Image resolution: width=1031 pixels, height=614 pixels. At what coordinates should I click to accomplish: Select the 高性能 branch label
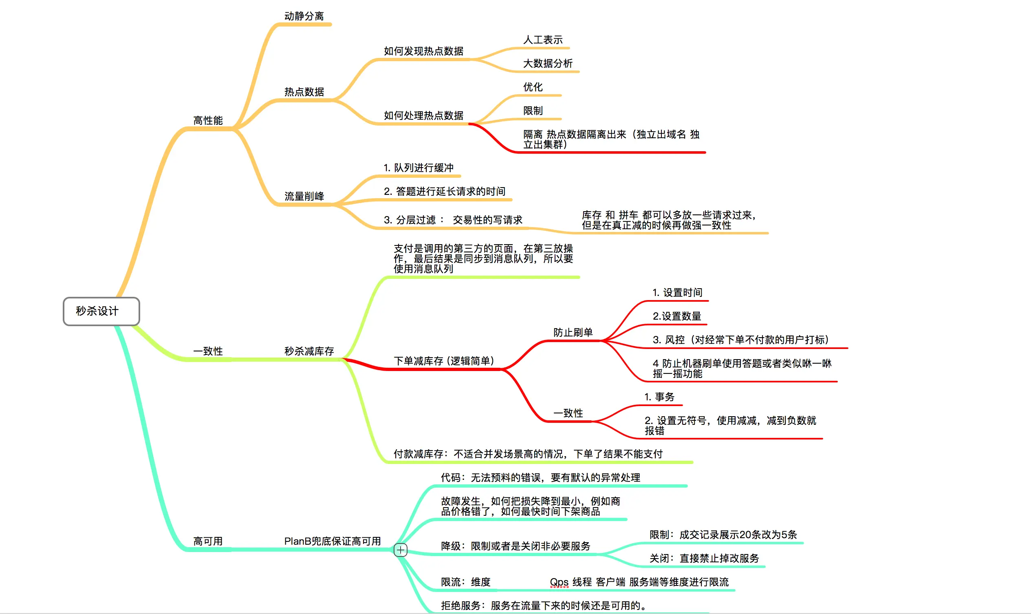click(207, 120)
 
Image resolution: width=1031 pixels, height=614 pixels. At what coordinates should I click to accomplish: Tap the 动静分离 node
click(304, 16)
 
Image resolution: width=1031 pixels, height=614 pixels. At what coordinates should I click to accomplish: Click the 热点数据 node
click(304, 92)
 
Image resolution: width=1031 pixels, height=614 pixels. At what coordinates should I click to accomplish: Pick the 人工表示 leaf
click(542, 40)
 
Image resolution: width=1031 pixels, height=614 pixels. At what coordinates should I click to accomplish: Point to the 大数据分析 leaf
click(548, 63)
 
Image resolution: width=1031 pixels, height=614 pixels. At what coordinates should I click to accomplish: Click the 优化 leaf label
click(533, 87)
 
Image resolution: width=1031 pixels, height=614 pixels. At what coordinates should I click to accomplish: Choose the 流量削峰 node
click(304, 196)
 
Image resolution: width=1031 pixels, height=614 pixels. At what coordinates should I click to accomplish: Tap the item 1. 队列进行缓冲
click(419, 168)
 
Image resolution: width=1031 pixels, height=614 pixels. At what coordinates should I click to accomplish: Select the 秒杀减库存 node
click(309, 351)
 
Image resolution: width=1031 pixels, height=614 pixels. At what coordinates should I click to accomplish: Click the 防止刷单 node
click(573, 332)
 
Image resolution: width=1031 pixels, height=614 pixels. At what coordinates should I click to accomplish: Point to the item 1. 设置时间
click(677, 292)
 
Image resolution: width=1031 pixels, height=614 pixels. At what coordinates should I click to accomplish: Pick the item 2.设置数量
click(676, 316)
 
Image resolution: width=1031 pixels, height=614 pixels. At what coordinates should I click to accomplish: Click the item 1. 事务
click(659, 397)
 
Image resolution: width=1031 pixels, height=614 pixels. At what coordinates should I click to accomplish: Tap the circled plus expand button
click(400, 550)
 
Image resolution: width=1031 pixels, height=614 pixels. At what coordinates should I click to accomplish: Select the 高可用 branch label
click(207, 541)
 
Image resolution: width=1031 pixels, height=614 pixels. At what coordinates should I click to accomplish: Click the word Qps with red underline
click(559, 582)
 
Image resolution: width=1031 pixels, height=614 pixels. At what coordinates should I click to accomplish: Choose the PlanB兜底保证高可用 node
click(332, 541)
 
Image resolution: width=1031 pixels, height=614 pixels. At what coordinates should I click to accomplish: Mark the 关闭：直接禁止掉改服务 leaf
click(704, 559)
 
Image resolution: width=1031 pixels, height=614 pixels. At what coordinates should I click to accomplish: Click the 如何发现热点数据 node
click(423, 51)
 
